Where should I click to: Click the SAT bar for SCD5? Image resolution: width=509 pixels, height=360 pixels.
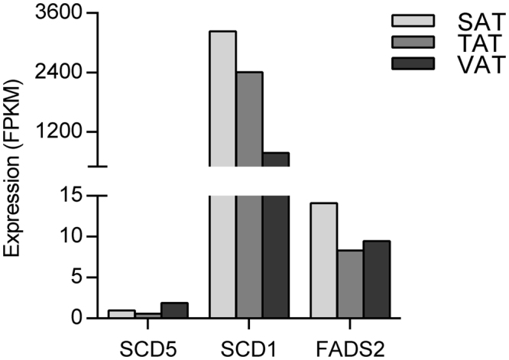122,314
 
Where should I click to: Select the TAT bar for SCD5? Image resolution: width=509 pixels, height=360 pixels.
148,316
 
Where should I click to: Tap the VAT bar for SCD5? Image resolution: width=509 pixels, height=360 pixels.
174,310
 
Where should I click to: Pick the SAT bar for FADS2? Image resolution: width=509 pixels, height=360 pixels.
323,260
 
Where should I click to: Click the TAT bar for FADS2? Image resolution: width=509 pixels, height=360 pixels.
350,284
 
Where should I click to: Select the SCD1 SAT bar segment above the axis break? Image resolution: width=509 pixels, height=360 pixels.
222,99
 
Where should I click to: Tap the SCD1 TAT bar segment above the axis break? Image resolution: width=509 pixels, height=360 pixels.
249,118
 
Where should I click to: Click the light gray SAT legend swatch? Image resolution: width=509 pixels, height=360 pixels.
412,20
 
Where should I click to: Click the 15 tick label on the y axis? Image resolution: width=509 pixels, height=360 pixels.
68,196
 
